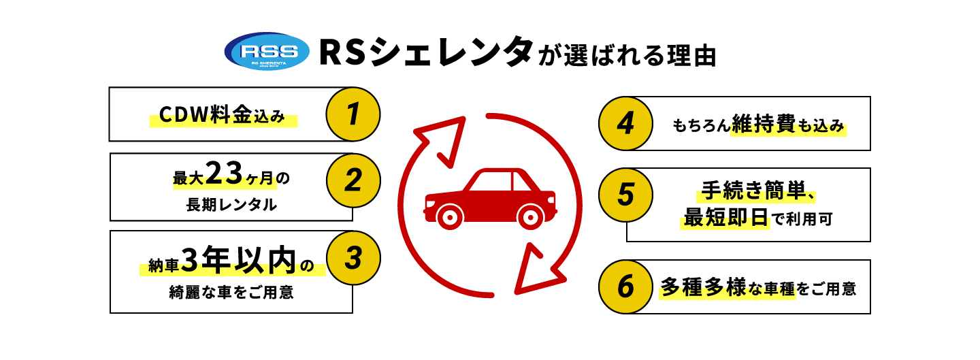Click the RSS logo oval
click(x=267, y=52)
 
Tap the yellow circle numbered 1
click(x=353, y=114)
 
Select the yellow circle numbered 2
click(x=353, y=180)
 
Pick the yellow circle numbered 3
click(x=353, y=258)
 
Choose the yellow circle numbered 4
click(x=625, y=123)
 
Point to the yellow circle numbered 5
click(x=625, y=195)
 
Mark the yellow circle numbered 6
click(x=625, y=287)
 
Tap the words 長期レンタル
click(x=231, y=204)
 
